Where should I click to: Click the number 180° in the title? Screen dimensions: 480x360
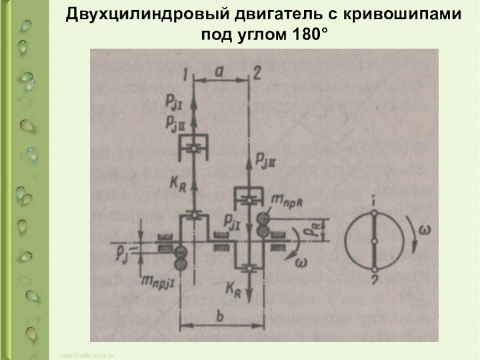pyautogui.click(x=305, y=34)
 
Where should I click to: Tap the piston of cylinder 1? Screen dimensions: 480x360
pyautogui.click(x=194, y=146)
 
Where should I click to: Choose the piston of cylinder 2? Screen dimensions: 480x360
pyautogui.click(x=249, y=196)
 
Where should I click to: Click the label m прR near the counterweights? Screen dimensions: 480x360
pyautogui.click(x=289, y=200)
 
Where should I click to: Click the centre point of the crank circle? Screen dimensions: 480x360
pyautogui.click(x=373, y=241)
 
